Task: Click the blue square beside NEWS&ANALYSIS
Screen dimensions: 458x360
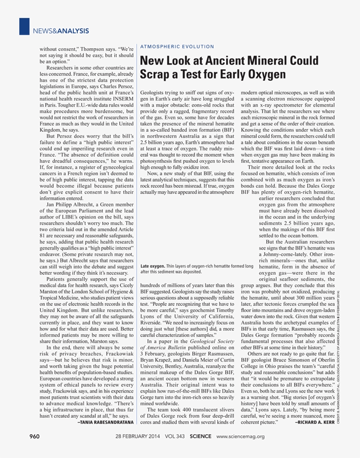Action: pyautogui.click(x=24, y=26)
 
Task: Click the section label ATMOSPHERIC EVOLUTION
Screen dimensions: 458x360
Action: pyautogui.click(x=177, y=47)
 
